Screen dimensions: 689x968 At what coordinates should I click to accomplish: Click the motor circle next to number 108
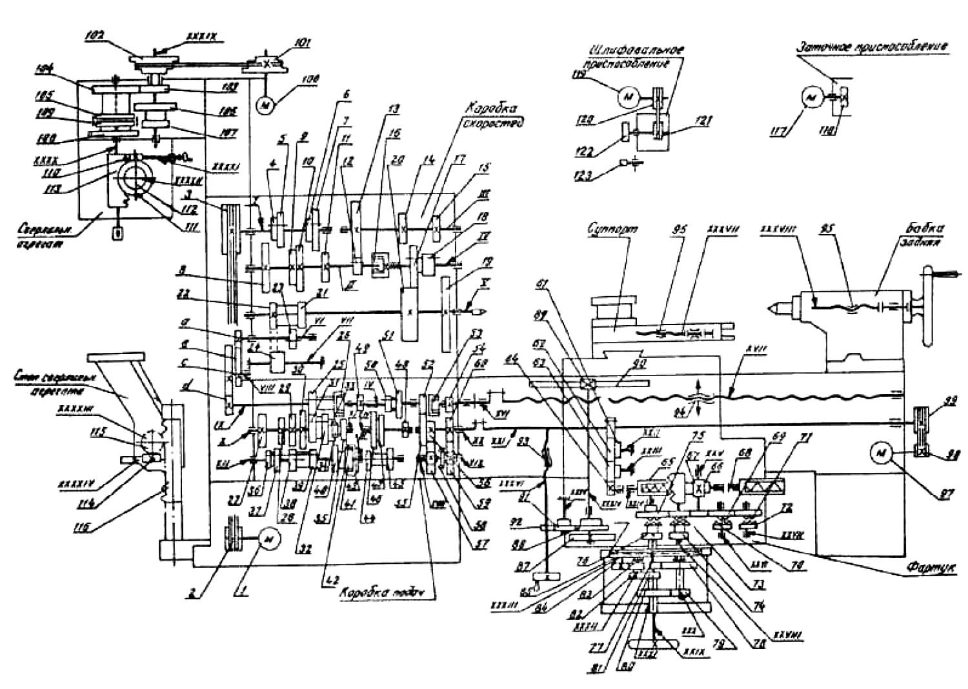(x=263, y=103)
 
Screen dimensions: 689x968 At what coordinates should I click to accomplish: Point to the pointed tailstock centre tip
(x=771, y=308)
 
